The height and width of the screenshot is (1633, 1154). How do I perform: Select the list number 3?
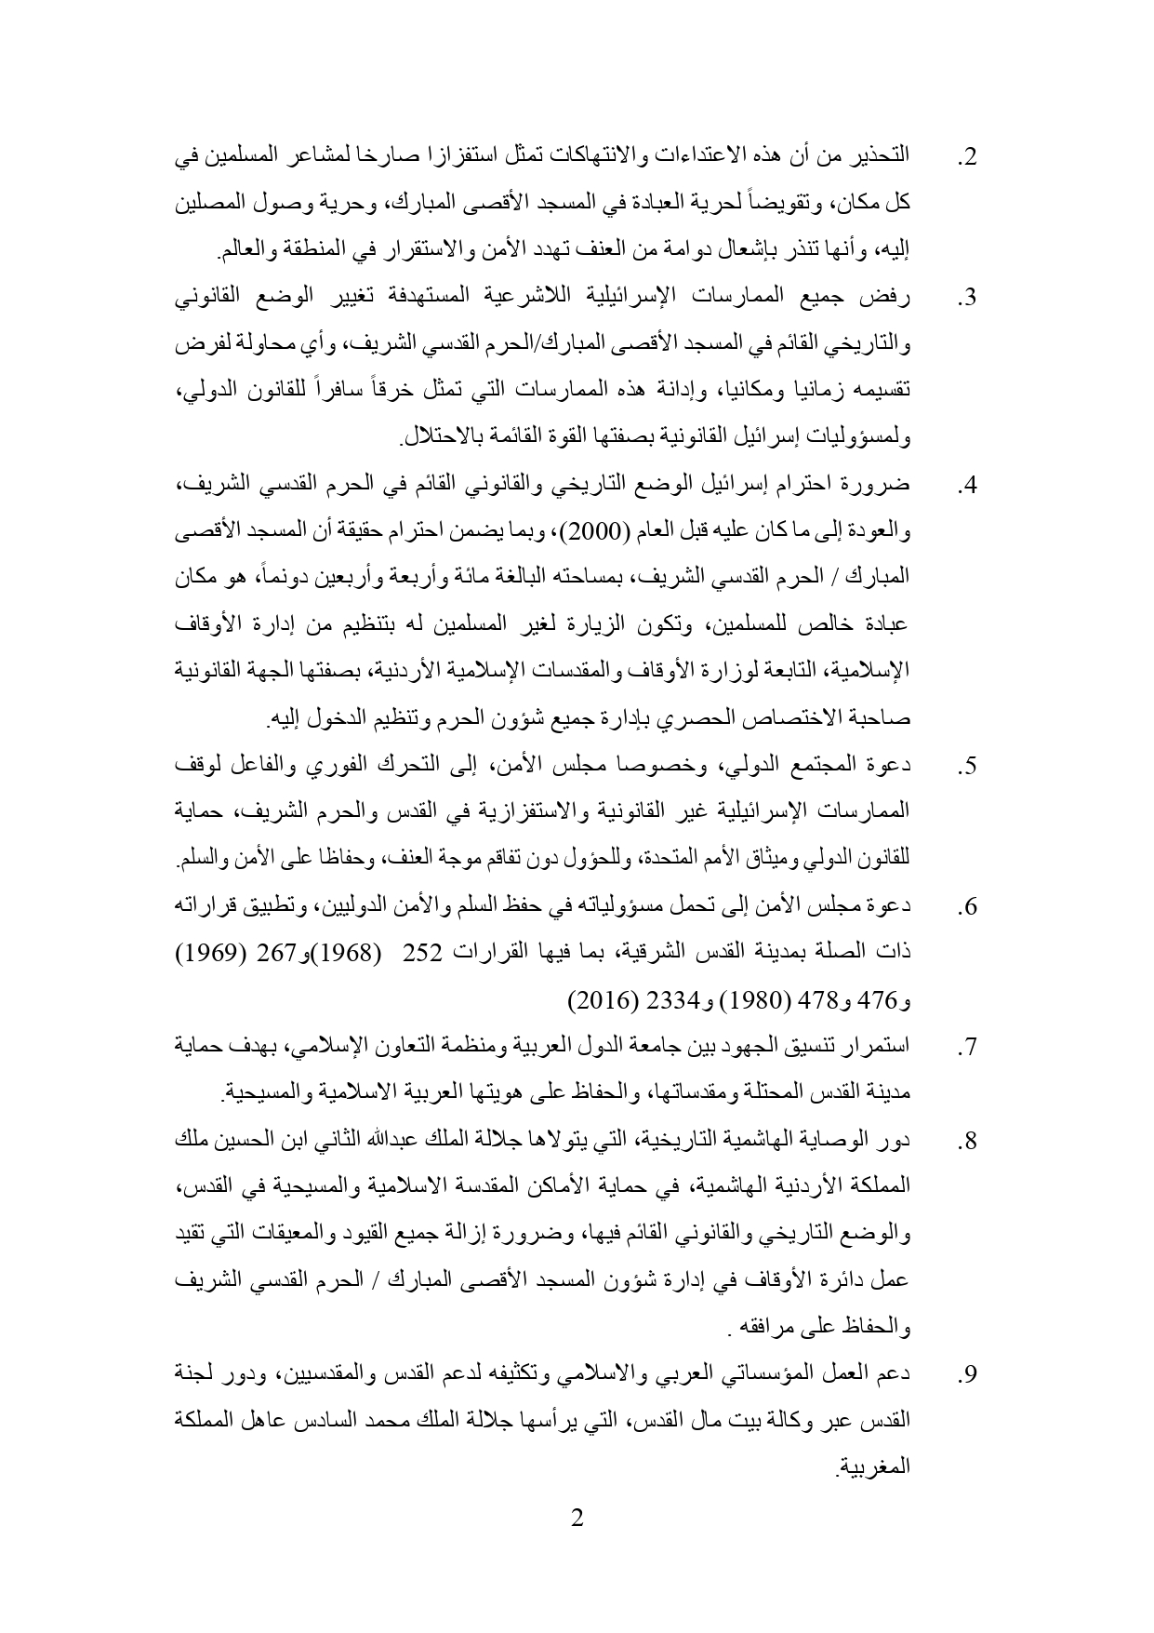(966, 300)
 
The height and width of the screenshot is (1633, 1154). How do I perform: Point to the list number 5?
(966, 768)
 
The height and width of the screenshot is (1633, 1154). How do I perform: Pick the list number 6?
(966, 908)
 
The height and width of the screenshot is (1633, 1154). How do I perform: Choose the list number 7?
(966, 1049)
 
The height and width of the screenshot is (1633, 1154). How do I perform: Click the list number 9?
(966, 1376)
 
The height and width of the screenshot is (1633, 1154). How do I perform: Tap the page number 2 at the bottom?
(577, 1520)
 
